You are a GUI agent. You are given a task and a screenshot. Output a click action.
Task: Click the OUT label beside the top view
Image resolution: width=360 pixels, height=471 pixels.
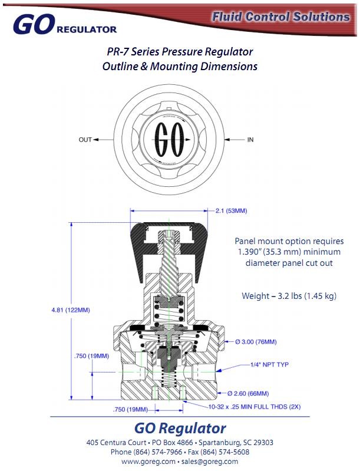[x=85, y=140]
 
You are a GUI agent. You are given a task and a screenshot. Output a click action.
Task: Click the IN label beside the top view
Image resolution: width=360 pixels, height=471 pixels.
[x=250, y=140]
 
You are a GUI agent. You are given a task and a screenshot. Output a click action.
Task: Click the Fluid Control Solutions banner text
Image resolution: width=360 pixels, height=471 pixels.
[x=281, y=17]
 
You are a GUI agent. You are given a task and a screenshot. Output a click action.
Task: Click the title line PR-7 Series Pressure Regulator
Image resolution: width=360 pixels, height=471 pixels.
[x=180, y=52]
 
